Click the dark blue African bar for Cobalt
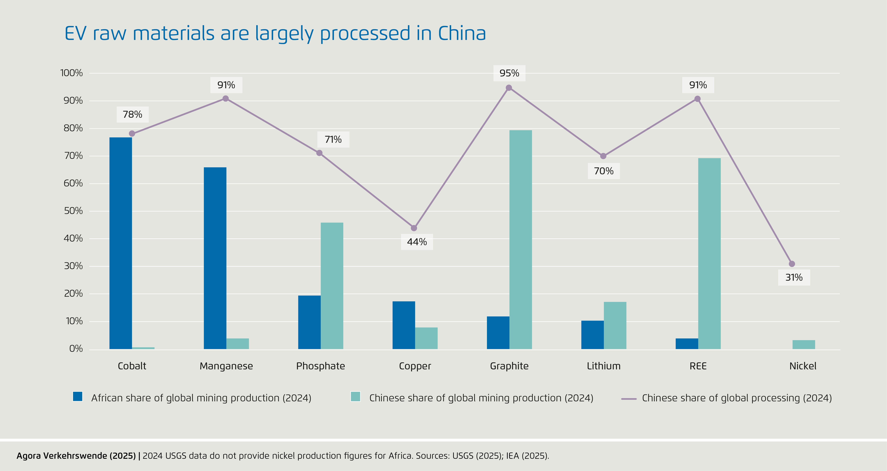pos(121,243)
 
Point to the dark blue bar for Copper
pos(404,325)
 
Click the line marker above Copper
pos(414,228)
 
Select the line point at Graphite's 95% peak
pos(509,88)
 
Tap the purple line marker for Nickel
pos(792,264)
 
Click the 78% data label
pos(133,114)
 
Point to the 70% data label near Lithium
pos(604,171)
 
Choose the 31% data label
pos(794,277)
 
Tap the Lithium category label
pos(604,366)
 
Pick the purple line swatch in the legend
pos(629,399)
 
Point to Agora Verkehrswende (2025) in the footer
pos(76,456)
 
